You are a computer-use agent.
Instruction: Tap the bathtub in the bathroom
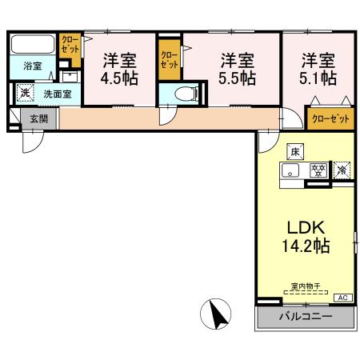click(33, 46)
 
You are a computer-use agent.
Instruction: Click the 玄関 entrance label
click(38, 119)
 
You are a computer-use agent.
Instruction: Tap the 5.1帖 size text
click(318, 79)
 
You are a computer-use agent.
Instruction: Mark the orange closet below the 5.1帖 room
click(330, 118)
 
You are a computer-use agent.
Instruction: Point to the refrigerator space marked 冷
click(342, 170)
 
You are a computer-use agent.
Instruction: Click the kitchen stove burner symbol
click(318, 170)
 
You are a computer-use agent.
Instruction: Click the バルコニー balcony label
click(305, 318)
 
